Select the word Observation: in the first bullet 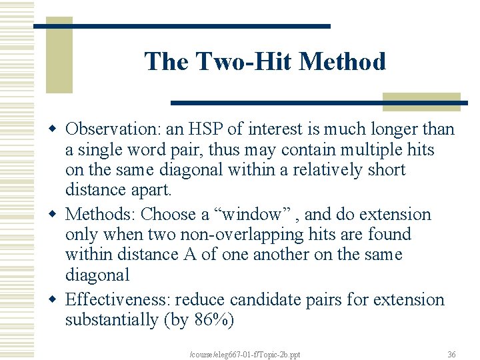coord(111,129)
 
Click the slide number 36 coord(451,354)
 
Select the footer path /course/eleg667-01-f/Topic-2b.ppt coord(245,354)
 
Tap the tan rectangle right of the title coord(421,101)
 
